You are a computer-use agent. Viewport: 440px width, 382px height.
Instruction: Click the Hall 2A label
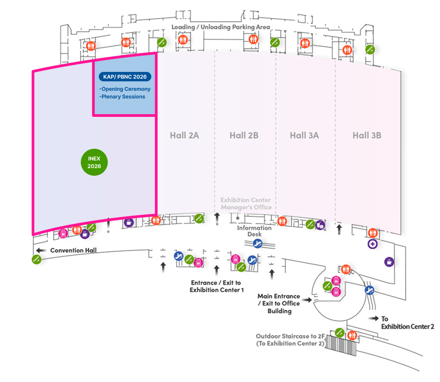(x=184, y=135)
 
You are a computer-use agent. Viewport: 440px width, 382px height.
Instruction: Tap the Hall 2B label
(x=244, y=135)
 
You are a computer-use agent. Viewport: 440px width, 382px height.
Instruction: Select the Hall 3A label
(x=304, y=135)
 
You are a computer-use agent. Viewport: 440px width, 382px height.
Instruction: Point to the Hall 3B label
(x=367, y=135)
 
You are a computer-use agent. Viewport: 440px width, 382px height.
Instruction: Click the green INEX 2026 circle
(x=94, y=162)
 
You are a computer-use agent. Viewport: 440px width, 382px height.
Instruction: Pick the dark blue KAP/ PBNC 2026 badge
(x=125, y=77)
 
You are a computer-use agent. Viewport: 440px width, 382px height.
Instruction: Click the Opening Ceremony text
(x=125, y=89)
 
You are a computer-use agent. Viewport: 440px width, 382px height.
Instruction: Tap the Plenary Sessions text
(x=123, y=97)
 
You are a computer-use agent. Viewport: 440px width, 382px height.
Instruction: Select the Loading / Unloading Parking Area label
(x=221, y=27)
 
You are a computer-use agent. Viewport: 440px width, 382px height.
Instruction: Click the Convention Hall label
(x=73, y=250)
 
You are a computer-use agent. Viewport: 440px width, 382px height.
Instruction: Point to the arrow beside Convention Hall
(x=42, y=250)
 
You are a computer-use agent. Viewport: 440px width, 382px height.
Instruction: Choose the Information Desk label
(x=255, y=231)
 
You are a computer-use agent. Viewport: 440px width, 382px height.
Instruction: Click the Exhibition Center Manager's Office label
(x=246, y=204)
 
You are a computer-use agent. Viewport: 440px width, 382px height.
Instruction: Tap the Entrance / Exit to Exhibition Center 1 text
(x=217, y=286)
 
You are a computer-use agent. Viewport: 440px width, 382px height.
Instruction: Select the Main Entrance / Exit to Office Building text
(x=279, y=303)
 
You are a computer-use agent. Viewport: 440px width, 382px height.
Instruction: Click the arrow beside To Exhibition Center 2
(x=373, y=318)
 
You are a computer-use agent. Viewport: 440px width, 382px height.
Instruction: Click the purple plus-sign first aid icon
(x=372, y=244)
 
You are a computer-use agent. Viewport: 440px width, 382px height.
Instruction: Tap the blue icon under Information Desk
(x=258, y=244)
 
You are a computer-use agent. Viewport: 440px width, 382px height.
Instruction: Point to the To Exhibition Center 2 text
(x=408, y=323)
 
